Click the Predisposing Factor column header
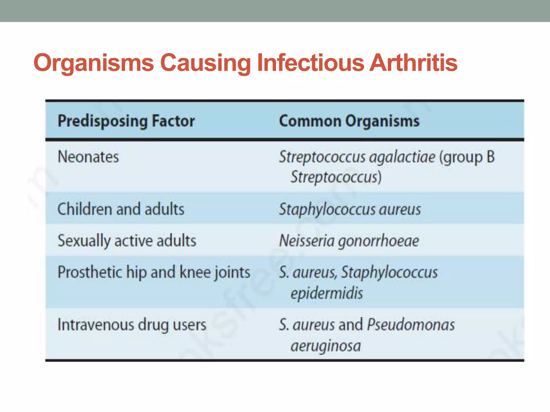coord(126,121)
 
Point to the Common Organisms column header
coord(349,121)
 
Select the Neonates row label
coord(88,157)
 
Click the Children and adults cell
coord(121,209)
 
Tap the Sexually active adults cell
coord(127,240)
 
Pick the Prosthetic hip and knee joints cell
coord(154,272)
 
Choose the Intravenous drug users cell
coord(132,325)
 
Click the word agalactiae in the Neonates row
coord(402,157)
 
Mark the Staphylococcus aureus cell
coord(350,209)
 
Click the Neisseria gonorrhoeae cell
coord(349,240)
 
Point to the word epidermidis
coord(327,293)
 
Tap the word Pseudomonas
coord(411,325)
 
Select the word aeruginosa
coord(326,345)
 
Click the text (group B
coord(467,157)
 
